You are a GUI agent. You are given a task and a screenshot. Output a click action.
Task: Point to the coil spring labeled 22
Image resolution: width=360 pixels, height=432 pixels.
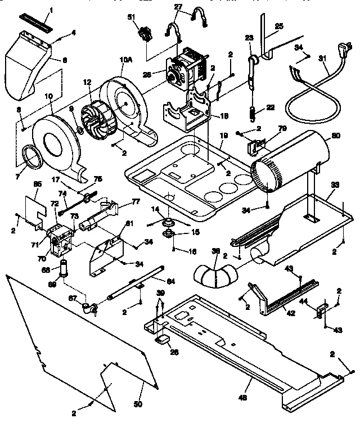point(253,113)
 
